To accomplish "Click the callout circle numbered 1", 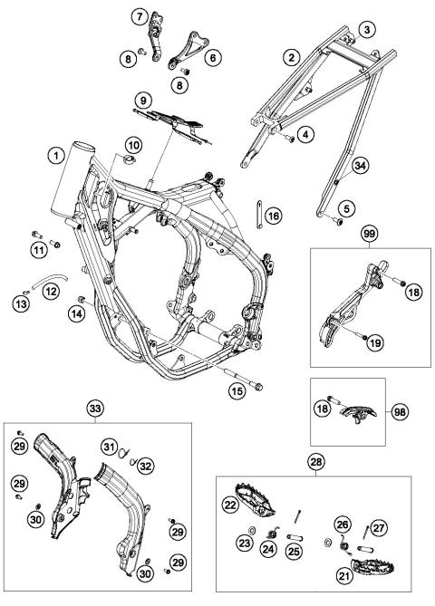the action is coord(57,157).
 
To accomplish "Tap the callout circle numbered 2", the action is coord(292,58).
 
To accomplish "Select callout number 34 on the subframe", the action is coord(361,166).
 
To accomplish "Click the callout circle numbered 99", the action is coord(370,234).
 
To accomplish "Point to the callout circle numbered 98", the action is coord(400,412).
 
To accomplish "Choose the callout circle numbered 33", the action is coord(95,409).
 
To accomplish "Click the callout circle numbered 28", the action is coord(316,462).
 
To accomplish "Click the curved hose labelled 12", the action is coord(50,279).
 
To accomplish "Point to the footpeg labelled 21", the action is coord(372,567).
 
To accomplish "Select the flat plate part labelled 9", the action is coord(173,126).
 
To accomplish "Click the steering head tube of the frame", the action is coord(74,179).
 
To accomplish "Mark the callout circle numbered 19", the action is coord(375,342).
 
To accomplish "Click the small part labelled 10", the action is coord(129,159).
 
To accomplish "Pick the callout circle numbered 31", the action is coord(110,447).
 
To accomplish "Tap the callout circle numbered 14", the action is coord(76,313).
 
